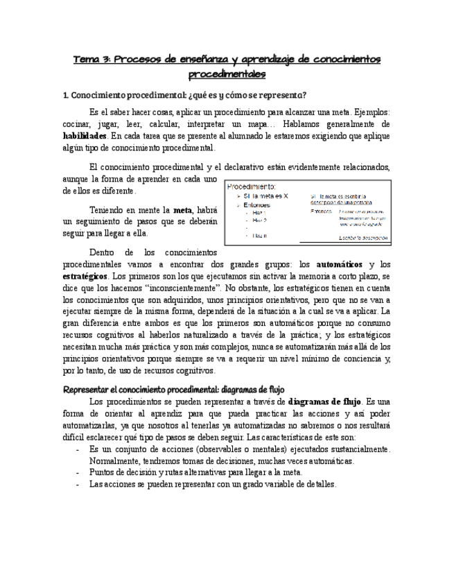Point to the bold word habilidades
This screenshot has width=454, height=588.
coord(88,136)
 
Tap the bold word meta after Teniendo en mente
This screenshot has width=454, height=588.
coord(182,210)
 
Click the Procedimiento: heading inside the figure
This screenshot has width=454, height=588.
coord(252,187)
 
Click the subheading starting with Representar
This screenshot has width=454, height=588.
coord(173,390)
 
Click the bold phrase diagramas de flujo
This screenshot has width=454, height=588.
coord(324,401)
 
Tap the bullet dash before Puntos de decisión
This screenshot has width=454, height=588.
coord(76,472)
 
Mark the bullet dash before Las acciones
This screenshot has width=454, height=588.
coord(76,484)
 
